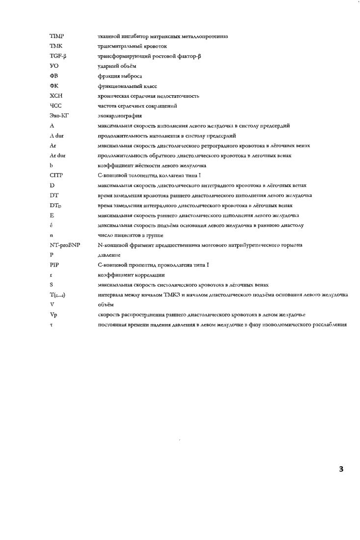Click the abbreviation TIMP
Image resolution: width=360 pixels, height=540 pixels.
(x=58, y=36)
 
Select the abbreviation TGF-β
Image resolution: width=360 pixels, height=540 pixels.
(x=58, y=56)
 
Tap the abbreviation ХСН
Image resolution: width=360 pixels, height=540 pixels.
(x=55, y=96)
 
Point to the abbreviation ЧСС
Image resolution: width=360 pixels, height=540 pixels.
(x=55, y=106)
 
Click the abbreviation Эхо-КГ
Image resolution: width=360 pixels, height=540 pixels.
(x=59, y=116)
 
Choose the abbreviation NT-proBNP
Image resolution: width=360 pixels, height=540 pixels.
(x=65, y=245)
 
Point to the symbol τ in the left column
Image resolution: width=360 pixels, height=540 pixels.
(x=51, y=324)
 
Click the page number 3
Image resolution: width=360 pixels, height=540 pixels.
(x=341, y=469)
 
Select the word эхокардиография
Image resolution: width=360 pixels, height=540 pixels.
(x=120, y=116)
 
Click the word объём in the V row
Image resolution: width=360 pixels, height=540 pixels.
(x=106, y=305)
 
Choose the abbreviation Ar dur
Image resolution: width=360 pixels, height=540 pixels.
(x=58, y=156)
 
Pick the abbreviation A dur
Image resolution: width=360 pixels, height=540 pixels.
(x=57, y=135)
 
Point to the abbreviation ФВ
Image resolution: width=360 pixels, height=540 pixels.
(x=54, y=76)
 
